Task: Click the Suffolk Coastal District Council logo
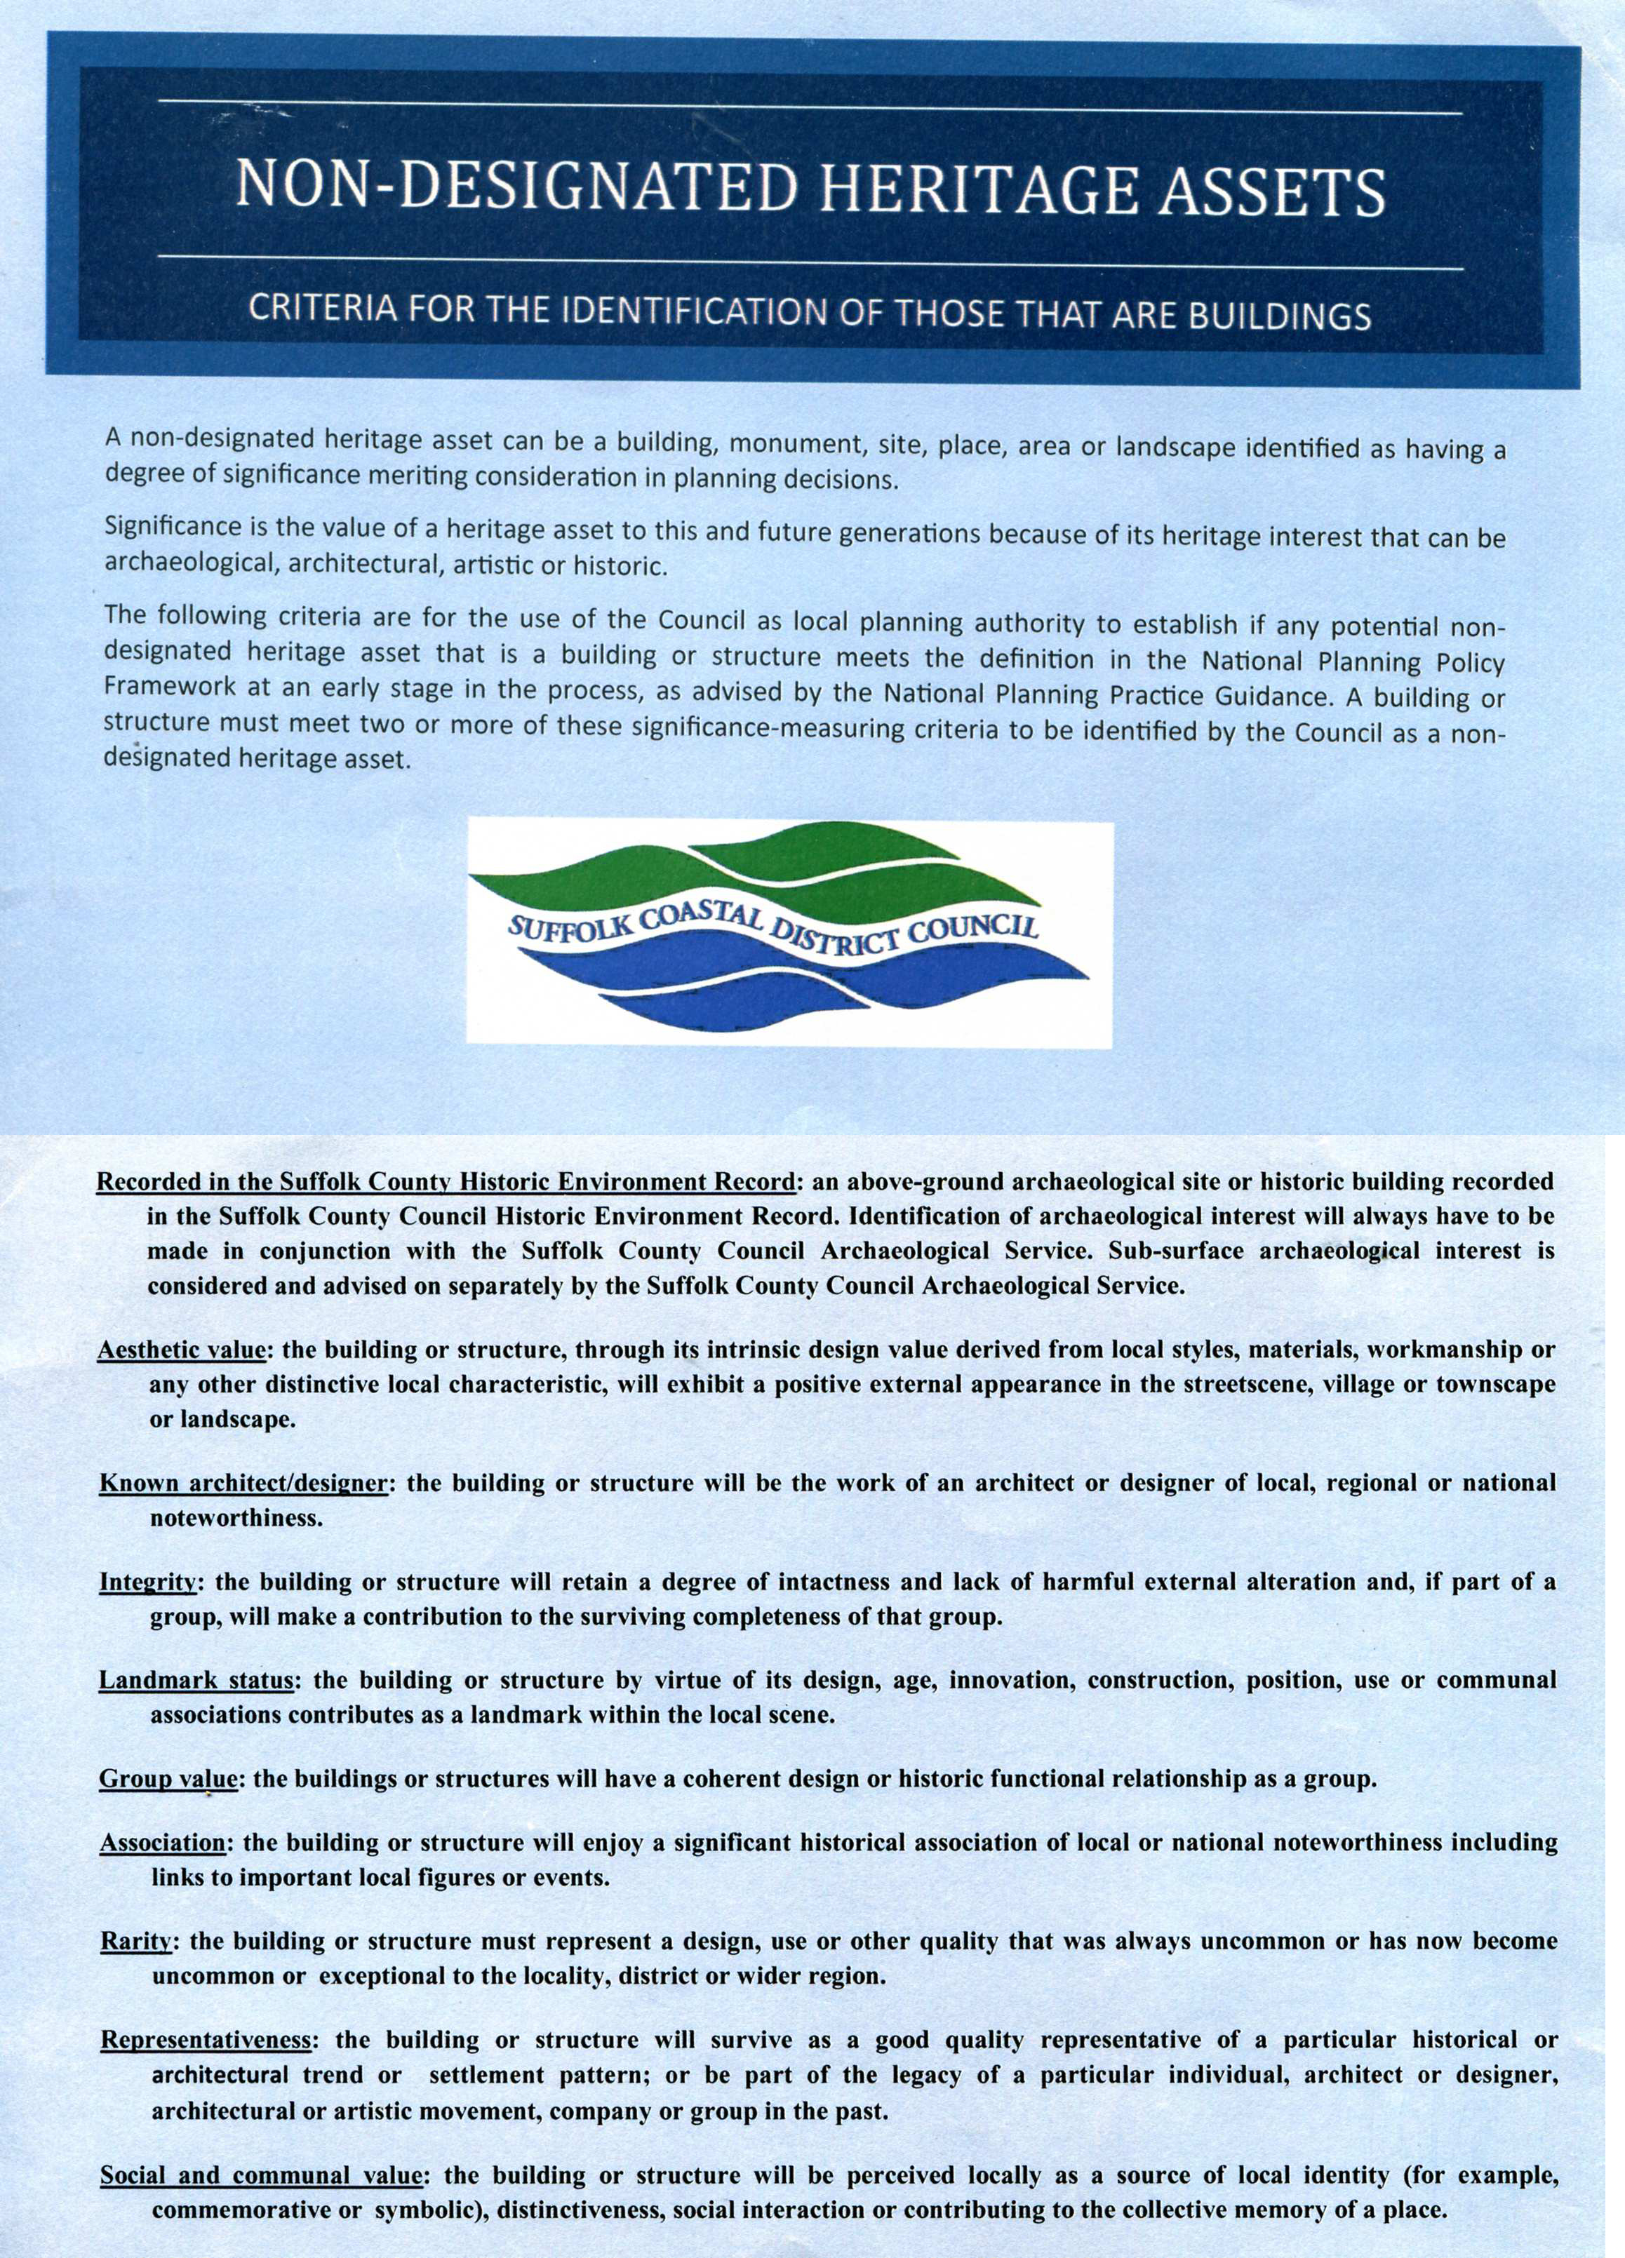[789, 930]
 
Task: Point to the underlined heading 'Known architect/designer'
[242, 1484]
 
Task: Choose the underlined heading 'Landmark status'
[196, 1681]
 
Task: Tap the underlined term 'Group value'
[167, 1779]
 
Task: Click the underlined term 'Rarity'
[138, 1942]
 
